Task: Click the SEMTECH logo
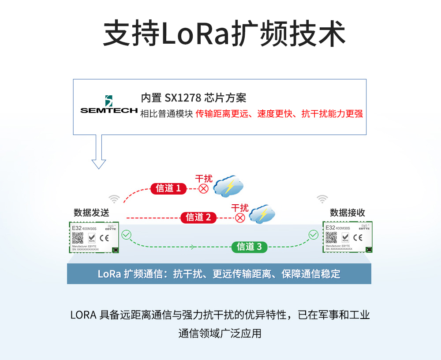pos(108,105)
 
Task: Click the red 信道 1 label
pos(168,188)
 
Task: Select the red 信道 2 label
pos(198,217)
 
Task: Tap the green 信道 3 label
pos(249,247)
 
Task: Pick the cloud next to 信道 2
pos(262,214)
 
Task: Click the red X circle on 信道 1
pos(203,189)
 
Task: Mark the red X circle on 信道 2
pos(240,217)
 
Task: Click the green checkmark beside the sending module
pos(127,235)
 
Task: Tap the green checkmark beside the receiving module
pos(313,235)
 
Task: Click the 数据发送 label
pos(91,213)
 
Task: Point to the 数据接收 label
pos(348,213)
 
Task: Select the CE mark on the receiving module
pos(358,238)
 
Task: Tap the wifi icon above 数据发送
pos(114,199)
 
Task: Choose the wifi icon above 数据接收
pos(322,199)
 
